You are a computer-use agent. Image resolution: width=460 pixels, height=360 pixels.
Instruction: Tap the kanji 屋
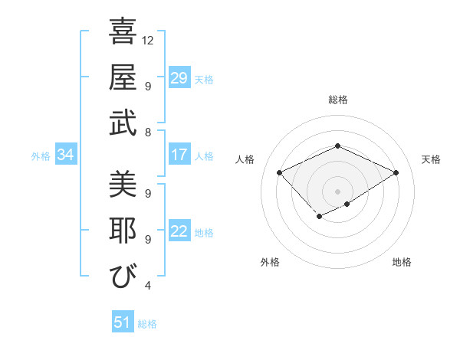(x=123, y=77)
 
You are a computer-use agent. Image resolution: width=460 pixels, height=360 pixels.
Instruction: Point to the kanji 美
(x=123, y=185)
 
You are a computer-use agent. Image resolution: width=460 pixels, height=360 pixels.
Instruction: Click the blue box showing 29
(x=179, y=78)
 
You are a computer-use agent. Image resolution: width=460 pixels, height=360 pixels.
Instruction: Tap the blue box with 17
(x=179, y=155)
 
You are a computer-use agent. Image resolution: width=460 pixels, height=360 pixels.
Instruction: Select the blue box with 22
(x=179, y=232)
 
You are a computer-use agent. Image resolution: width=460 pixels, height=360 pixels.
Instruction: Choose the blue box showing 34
(x=66, y=155)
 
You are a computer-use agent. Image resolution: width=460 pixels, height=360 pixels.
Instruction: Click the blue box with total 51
(x=123, y=322)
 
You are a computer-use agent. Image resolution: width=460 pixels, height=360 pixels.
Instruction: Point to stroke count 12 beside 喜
(x=149, y=40)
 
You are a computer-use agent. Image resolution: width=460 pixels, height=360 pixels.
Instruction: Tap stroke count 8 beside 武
(x=147, y=132)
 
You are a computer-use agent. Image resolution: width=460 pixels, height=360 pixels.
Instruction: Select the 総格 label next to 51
(x=147, y=324)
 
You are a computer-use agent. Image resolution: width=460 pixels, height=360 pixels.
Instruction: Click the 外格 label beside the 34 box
(x=41, y=156)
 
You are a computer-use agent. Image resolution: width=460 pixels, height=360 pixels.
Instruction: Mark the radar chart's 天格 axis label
(x=431, y=159)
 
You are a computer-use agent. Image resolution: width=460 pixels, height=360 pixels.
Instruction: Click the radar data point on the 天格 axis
(x=396, y=172)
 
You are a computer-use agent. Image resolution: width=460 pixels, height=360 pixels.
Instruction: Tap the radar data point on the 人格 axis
(x=280, y=172)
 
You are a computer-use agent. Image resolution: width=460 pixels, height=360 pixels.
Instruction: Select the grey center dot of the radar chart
(x=337, y=191)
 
